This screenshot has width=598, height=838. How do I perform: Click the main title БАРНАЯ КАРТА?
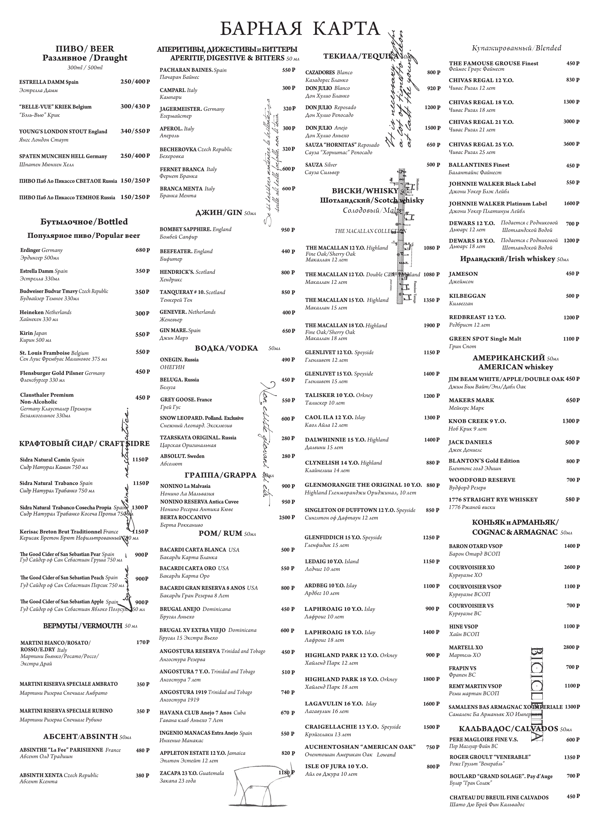pos(300,29)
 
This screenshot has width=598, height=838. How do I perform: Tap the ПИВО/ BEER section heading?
pos(85,49)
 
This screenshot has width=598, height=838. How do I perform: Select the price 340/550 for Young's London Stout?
pos(135,131)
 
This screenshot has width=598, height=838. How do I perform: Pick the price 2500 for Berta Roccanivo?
pos(287,518)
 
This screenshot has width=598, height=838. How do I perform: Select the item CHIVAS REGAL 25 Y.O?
pos(481,145)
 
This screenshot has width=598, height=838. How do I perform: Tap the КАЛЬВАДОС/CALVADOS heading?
pos(508,729)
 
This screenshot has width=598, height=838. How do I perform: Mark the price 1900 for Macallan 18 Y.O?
pos(432,325)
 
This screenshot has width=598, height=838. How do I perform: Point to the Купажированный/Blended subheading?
pos(517,48)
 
